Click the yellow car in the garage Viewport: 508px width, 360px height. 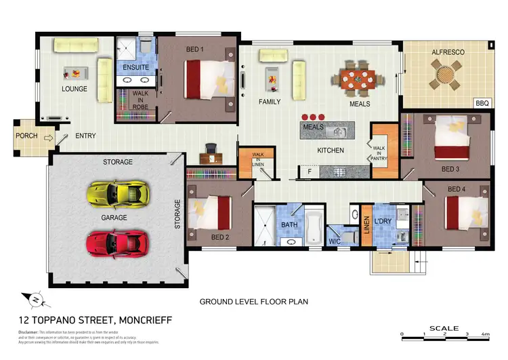tap(117, 194)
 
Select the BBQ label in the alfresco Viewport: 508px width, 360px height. tap(482, 103)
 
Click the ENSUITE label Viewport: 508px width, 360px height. tap(135, 68)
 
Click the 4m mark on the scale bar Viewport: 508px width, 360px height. tap(486, 334)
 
